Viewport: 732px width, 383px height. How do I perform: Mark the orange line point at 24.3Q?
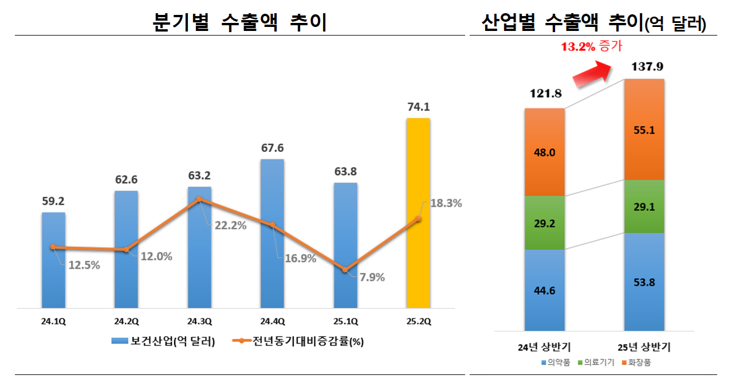[199, 200]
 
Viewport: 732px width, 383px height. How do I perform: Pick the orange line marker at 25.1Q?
[345, 269]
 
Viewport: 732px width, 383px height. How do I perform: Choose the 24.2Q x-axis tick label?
[126, 322]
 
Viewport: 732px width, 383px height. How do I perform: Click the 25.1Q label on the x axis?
[345, 322]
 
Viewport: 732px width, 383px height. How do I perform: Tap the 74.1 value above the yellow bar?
[418, 107]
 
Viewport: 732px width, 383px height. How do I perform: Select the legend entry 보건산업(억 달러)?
[166, 342]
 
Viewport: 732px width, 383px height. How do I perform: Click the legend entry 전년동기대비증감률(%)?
[298, 342]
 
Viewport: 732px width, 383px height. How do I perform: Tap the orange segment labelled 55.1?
[643, 130]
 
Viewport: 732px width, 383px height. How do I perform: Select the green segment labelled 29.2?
[544, 223]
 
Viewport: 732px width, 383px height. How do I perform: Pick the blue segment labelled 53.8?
[643, 282]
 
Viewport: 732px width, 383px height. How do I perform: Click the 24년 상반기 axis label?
[544, 347]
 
